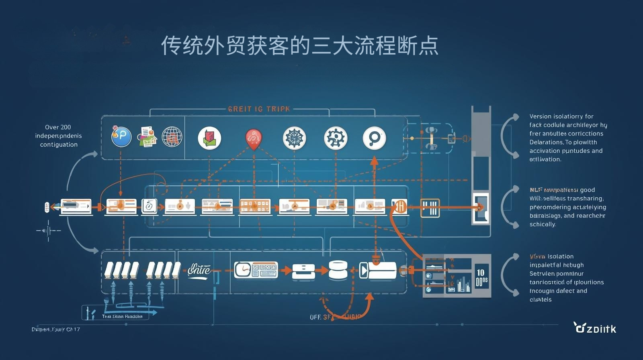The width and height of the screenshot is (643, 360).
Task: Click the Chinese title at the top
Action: click(299, 45)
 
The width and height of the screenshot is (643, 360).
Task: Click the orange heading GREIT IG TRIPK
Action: click(259, 109)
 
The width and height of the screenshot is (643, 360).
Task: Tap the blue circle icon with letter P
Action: click(121, 137)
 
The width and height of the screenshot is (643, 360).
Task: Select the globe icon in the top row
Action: click(172, 137)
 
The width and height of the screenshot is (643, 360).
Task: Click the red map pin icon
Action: click(254, 139)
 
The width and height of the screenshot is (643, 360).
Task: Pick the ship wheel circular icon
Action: click(294, 138)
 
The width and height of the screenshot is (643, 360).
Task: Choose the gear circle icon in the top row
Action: click(335, 138)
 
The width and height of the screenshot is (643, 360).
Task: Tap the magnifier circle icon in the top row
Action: click(374, 138)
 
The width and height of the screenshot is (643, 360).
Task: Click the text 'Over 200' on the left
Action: click(58, 127)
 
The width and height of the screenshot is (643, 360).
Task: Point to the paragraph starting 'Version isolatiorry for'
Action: click(567, 138)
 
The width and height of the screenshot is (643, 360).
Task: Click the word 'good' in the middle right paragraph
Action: click(588, 190)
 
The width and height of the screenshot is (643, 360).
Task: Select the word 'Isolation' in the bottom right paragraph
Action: click(561, 256)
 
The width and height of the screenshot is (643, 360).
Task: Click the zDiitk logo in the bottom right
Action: click(595, 328)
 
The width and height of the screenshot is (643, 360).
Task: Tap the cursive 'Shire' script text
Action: click(199, 270)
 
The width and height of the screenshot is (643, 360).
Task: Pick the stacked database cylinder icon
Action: click(338, 270)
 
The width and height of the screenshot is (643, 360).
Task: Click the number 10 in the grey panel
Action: click(481, 273)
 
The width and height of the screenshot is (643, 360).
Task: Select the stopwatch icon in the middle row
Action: click(149, 206)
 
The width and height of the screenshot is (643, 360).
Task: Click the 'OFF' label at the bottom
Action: click(315, 317)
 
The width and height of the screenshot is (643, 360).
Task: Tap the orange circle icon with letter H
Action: click(400, 207)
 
